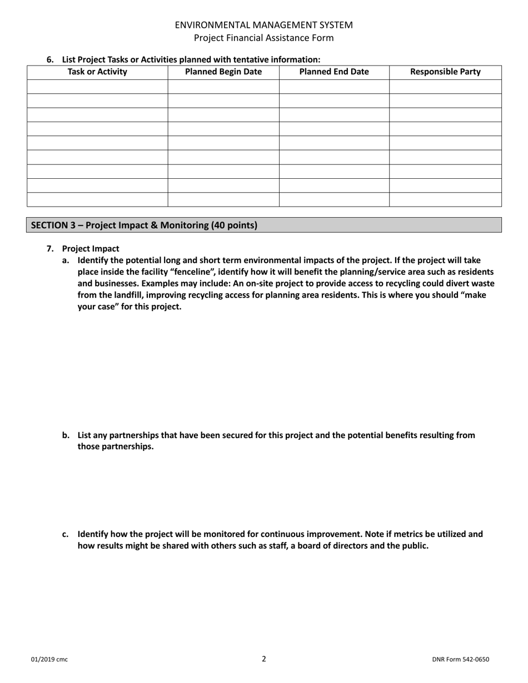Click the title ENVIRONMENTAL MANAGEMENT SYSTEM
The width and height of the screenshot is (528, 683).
263,25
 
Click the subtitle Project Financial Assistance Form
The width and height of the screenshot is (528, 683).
263,38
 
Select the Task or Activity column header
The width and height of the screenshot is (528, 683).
97,72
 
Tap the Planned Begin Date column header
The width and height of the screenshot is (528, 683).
223,72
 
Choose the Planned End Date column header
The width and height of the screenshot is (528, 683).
333,72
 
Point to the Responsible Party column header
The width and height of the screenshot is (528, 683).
445,72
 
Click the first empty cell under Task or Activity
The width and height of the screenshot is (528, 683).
97,87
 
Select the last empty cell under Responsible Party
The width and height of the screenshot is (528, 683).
445,199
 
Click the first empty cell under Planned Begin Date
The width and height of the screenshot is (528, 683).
223,87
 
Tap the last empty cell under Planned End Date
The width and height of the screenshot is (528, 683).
333,199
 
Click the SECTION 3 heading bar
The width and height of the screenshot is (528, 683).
264,225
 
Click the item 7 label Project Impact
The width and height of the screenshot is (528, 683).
91,249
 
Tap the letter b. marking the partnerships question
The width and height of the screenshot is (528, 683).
66,435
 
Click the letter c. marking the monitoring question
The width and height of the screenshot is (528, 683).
66,534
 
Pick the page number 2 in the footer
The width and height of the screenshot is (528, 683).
264,659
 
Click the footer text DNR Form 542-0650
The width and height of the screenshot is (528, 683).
460,660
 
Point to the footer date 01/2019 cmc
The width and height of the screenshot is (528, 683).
49,660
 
